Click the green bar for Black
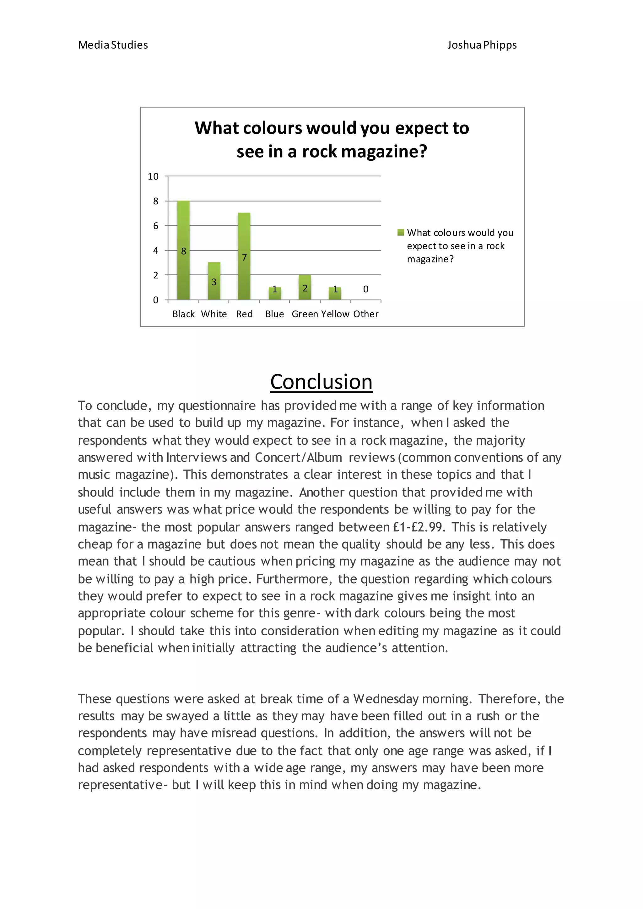(183, 250)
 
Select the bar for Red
(244, 256)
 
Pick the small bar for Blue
(275, 293)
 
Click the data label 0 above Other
(365, 289)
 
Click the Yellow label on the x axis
(335, 314)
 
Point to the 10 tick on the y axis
(153, 177)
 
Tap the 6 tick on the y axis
(156, 226)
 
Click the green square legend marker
(401, 232)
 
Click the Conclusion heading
(321, 382)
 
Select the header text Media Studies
(113, 45)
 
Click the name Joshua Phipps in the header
(482, 45)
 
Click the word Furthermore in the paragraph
(292, 579)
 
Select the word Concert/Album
(298, 458)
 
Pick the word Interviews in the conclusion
(196, 458)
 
